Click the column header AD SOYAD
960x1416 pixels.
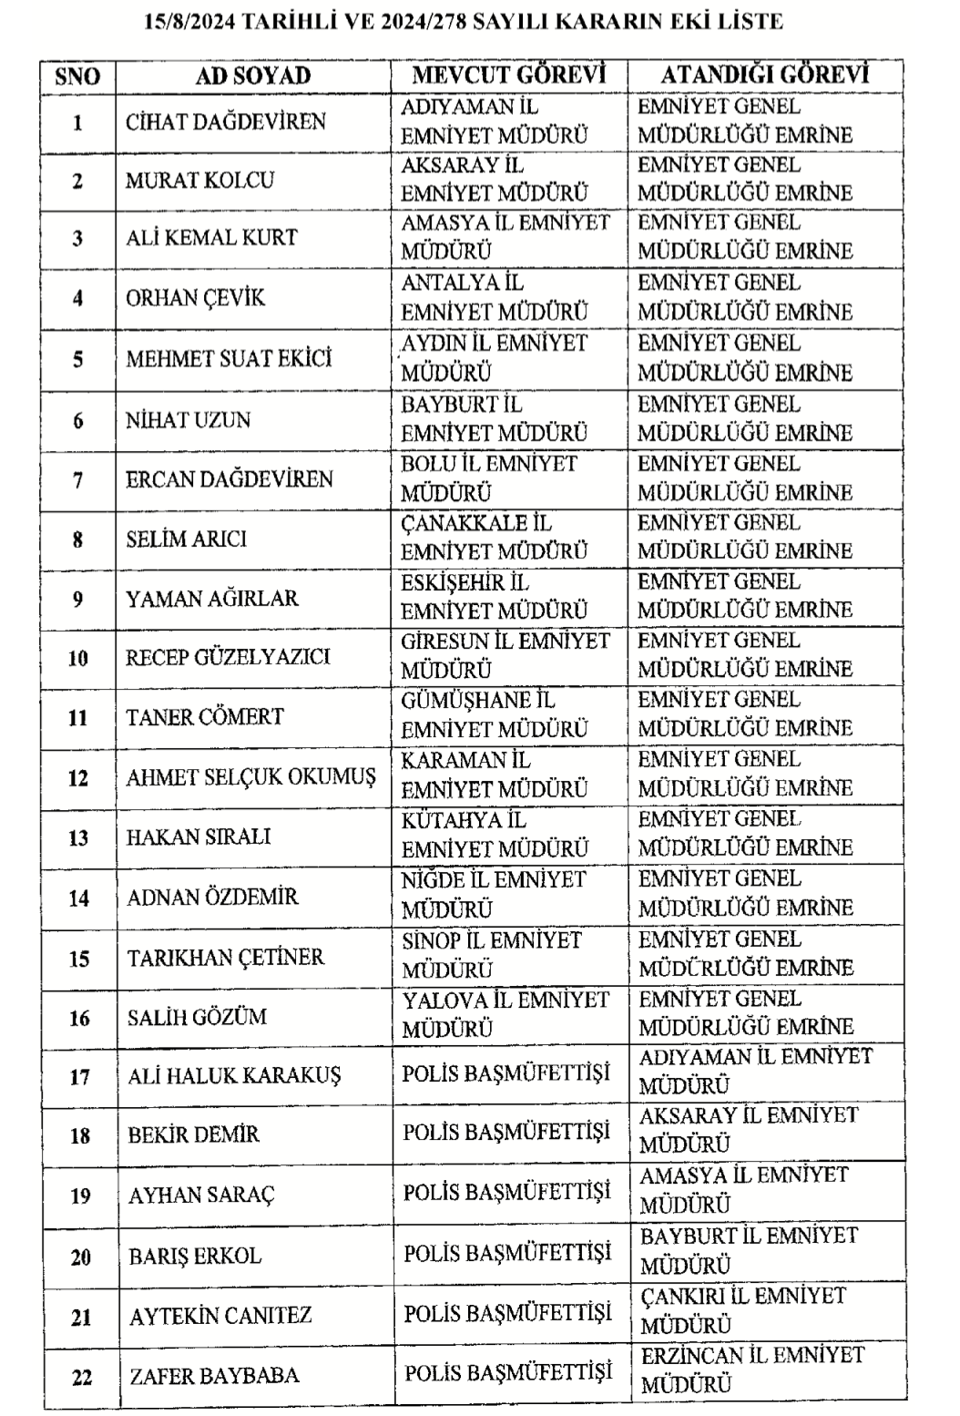[253, 76]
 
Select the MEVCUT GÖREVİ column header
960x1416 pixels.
[508, 75]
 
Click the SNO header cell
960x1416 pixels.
[77, 76]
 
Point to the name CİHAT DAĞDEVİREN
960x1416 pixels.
[225, 121]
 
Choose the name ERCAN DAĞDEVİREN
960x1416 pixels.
[229, 478]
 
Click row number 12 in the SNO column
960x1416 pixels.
[78, 777]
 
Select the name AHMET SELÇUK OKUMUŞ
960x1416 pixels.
[250, 777]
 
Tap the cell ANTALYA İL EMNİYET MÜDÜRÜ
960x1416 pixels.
[495, 297]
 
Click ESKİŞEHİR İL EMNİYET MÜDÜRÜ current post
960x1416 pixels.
[495, 596]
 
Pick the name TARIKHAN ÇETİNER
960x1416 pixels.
[226, 957]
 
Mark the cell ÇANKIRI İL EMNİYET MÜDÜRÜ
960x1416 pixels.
[742, 1310]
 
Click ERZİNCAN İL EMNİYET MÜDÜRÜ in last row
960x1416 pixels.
[751, 1370]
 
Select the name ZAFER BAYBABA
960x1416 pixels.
[214, 1375]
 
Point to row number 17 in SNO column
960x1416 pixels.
[80, 1077]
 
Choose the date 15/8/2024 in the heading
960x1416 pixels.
[189, 21]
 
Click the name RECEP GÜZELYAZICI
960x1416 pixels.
[228, 656]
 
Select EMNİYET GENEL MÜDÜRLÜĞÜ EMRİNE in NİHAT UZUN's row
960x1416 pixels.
[745, 418]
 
